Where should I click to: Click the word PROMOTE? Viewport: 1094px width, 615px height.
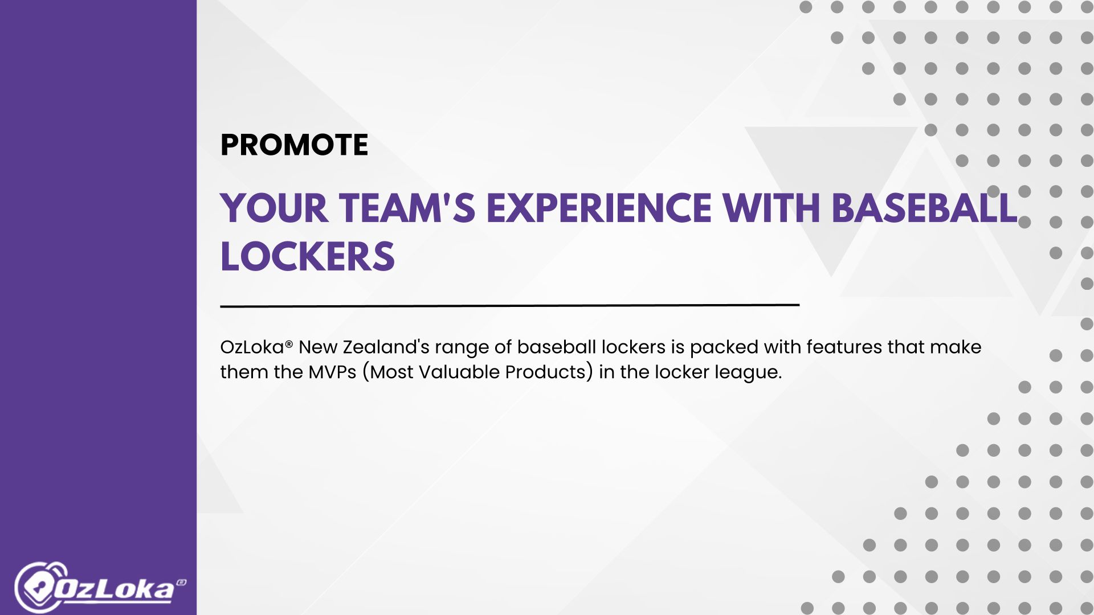(294, 145)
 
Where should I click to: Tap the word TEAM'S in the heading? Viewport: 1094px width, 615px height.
(407, 208)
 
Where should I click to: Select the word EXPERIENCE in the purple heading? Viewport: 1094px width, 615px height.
(599, 208)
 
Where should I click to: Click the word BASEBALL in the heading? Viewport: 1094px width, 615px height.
(924, 208)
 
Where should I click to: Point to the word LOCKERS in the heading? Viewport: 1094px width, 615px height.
(308, 256)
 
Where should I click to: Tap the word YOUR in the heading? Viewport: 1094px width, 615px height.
(275, 208)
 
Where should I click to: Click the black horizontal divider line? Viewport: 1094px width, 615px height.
(510, 306)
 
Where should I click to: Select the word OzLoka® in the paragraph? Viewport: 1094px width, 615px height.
(256, 346)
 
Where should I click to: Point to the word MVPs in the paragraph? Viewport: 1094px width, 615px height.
(332, 372)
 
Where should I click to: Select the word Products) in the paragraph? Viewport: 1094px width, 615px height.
(549, 372)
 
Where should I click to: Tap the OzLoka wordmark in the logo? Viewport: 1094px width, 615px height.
(114, 590)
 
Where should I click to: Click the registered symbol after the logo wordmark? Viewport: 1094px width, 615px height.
(181, 583)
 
